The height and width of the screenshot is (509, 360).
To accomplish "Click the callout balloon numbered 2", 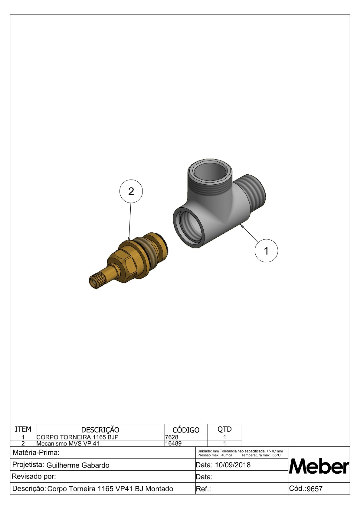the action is point(131,191).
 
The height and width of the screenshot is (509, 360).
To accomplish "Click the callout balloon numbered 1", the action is point(266,251).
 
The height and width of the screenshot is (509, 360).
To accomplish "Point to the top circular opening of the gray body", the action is point(210,172).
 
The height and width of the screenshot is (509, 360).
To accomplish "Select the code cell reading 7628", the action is point(172,437).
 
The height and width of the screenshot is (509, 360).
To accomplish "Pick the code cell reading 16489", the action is point(173,443).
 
